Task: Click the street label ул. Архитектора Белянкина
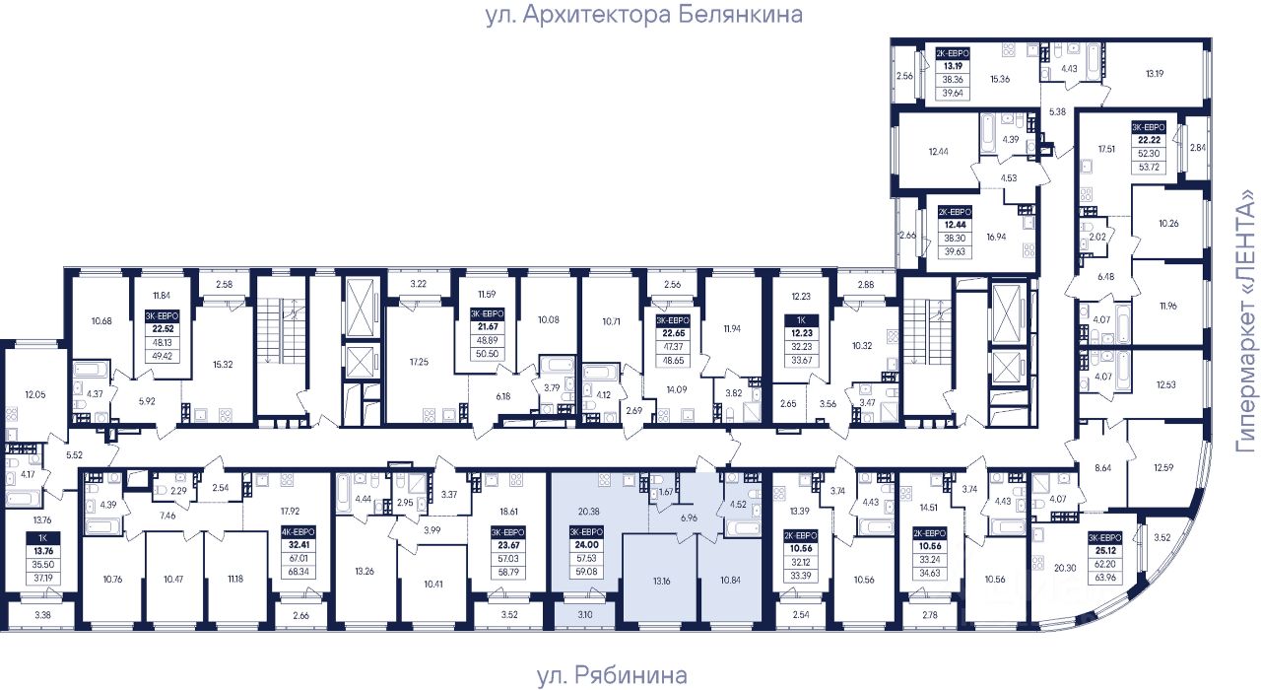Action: coord(644,15)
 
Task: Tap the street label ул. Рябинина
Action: coord(612,675)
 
